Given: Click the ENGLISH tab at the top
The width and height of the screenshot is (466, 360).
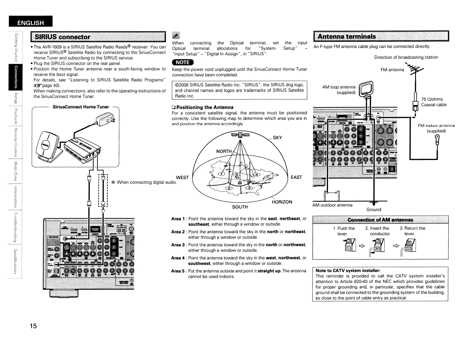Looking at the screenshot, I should pyautogui.click(x=31, y=23).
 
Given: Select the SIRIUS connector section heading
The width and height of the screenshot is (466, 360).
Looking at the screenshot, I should pyautogui.click(x=62, y=37).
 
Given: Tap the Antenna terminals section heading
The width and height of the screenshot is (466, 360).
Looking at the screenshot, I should pyautogui.click(x=347, y=36).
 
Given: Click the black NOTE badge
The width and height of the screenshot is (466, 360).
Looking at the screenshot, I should pyautogui.click(x=183, y=62).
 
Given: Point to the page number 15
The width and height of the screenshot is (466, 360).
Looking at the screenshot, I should pyautogui.click(x=33, y=326).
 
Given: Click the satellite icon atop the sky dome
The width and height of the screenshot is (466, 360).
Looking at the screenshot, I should pyautogui.click(x=240, y=135).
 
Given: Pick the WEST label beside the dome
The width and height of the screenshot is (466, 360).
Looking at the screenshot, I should pyautogui.click(x=182, y=177).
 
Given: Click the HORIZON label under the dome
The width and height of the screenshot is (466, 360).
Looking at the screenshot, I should pyautogui.click(x=282, y=202).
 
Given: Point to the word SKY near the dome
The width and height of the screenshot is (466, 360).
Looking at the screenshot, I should pyautogui.click(x=277, y=138).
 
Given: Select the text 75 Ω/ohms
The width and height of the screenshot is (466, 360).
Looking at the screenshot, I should pyautogui.click(x=432, y=99).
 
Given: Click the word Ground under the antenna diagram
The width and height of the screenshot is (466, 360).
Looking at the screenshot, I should pyautogui.click(x=374, y=209).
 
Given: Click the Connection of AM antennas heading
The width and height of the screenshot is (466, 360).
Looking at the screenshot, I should pyautogui.click(x=380, y=220).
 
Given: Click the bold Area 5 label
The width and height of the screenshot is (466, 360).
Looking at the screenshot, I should pyautogui.click(x=178, y=271).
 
